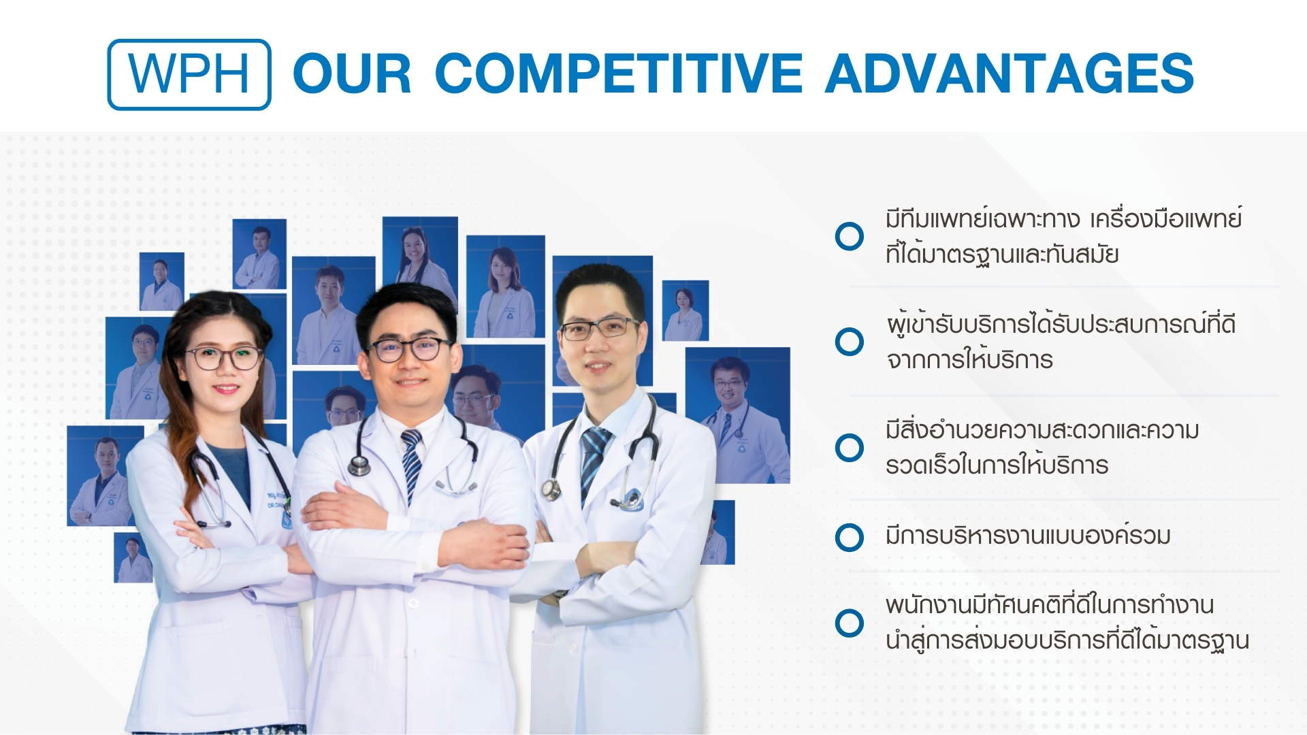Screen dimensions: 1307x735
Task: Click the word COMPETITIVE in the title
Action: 619,73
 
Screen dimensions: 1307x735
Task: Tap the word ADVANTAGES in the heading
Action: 1010,73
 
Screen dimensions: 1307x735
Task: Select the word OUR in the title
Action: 353,73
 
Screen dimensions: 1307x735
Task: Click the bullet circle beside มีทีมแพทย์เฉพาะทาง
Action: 849,236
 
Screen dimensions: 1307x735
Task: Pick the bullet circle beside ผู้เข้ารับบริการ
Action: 849,342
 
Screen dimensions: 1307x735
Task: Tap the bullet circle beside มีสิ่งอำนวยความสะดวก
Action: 849,448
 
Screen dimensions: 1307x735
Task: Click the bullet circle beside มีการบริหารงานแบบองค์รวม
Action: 849,537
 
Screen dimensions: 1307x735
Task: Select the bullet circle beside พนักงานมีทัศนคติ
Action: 849,623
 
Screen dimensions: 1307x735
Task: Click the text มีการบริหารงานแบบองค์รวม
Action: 1028,536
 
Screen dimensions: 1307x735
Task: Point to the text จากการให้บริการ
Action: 969,359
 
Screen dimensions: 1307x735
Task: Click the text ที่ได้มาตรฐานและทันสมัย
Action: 1003,254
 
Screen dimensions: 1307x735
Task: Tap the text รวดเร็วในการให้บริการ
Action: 997,465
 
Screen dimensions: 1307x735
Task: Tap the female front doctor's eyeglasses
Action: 224,357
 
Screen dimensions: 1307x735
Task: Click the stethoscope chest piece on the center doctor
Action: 359,465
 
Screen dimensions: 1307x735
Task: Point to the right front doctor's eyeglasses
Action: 599,329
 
